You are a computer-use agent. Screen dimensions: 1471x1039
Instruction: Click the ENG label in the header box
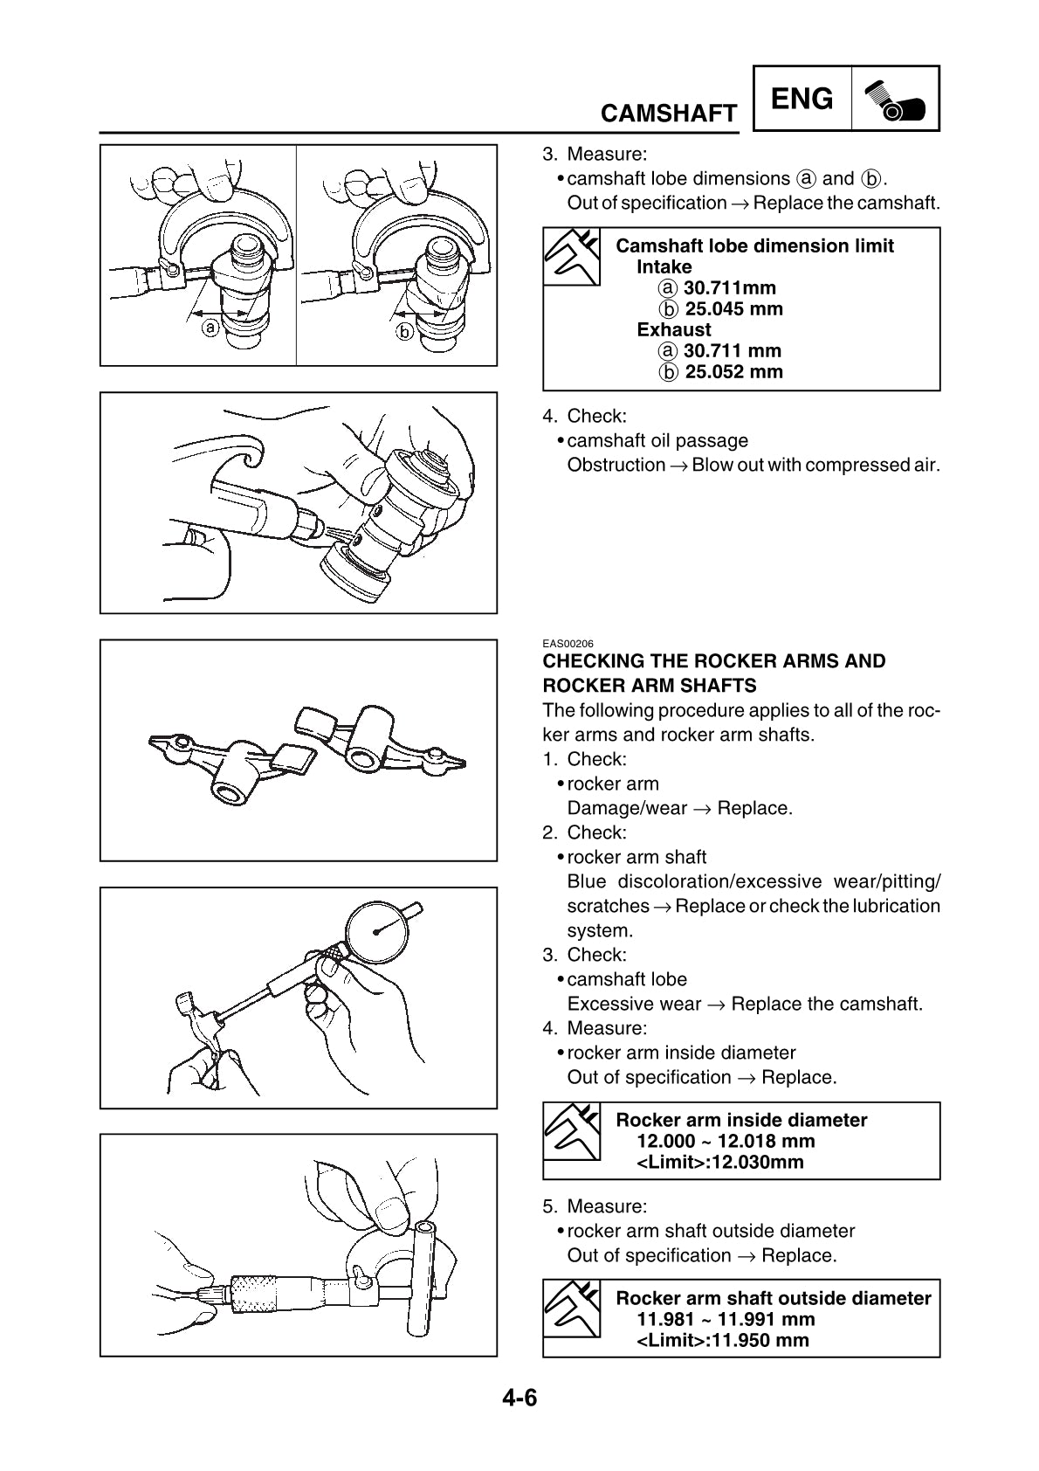(x=802, y=99)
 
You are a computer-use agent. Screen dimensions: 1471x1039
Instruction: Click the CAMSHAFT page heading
(x=669, y=114)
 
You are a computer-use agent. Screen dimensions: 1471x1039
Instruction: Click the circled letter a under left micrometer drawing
(x=210, y=328)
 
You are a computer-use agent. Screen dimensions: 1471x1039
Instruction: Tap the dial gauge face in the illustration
(x=378, y=932)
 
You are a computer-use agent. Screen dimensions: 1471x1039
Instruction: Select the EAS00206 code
(x=568, y=644)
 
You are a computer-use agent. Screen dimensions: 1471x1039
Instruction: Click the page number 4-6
(x=519, y=1398)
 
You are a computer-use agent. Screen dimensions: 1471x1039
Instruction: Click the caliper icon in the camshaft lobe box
(x=572, y=256)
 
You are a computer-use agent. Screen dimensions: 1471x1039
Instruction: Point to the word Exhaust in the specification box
(x=673, y=330)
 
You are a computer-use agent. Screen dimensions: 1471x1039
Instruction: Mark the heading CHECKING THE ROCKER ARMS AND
(x=713, y=661)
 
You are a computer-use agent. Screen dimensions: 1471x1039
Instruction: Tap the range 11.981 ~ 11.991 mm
(x=725, y=1320)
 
